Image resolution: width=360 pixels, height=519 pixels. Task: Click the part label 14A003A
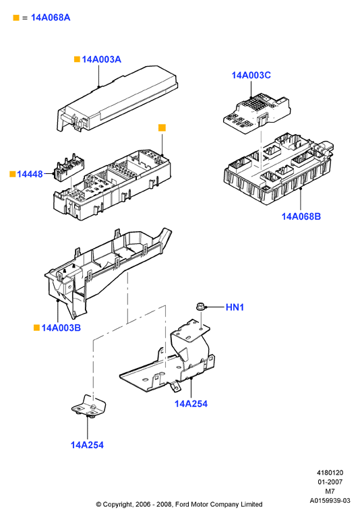click(x=101, y=59)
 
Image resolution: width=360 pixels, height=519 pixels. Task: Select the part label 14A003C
click(x=251, y=75)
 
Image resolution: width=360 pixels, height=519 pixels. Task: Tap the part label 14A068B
click(x=301, y=216)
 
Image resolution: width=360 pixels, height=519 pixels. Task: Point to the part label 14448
click(x=30, y=174)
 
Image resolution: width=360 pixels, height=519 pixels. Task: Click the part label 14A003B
click(x=61, y=328)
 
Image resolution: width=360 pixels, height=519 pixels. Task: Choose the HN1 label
click(x=235, y=307)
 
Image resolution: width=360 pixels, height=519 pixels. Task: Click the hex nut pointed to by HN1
click(x=200, y=307)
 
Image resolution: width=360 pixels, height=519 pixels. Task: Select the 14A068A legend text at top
click(x=51, y=18)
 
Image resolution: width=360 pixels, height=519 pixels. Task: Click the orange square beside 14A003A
click(x=77, y=59)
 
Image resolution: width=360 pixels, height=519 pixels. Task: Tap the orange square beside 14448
click(x=13, y=174)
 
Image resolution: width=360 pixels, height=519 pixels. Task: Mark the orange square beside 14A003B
click(x=37, y=328)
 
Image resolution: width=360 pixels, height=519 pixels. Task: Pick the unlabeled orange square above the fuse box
click(x=162, y=128)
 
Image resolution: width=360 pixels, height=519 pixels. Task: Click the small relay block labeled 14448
click(x=69, y=168)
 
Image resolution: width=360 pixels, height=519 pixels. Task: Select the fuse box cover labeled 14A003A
click(x=117, y=98)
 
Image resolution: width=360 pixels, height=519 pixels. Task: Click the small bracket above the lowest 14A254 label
click(x=89, y=405)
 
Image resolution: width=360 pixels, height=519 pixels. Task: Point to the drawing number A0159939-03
click(x=330, y=500)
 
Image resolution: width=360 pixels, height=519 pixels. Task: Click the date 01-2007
click(x=330, y=482)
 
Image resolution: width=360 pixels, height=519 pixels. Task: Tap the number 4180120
click(x=330, y=472)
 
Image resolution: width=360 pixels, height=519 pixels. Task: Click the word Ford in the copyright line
click(x=182, y=504)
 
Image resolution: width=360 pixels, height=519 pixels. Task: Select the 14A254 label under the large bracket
click(x=191, y=404)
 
